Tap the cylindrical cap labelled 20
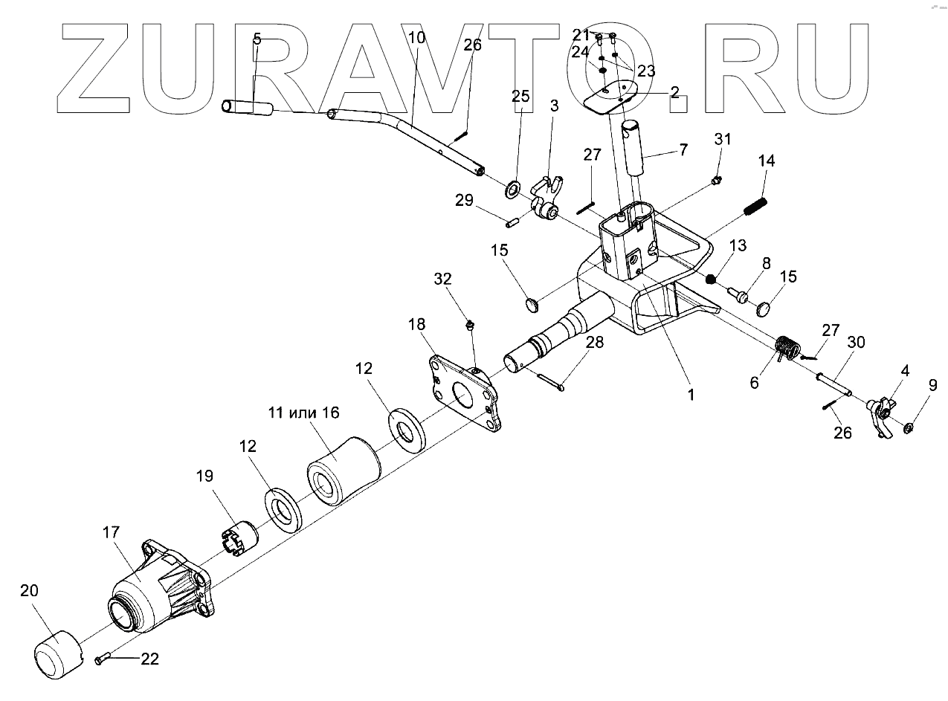pyautogui.click(x=58, y=653)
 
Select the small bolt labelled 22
pyautogui.click(x=103, y=659)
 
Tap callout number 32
pyautogui.click(x=443, y=279)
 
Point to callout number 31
pyautogui.click(x=723, y=139)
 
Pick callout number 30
pyautogui.click(x=856, y=343)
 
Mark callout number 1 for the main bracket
pyautogui.click(x=690, y=395)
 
